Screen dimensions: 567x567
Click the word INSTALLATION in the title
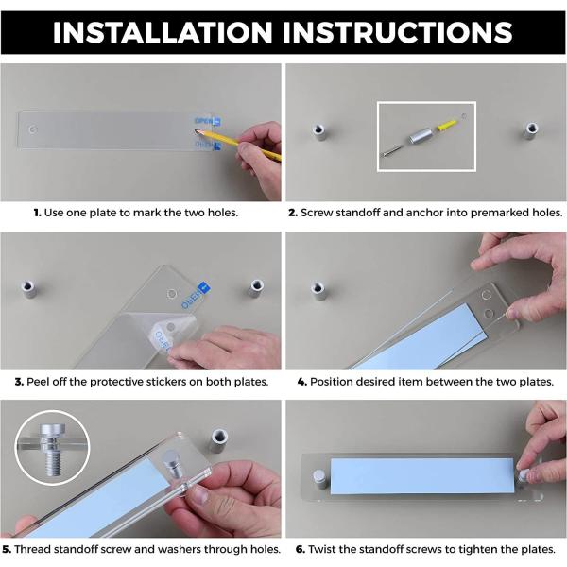(163, 32)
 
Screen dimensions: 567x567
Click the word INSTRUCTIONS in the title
(398, 32)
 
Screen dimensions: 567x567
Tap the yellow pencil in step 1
(239, 146)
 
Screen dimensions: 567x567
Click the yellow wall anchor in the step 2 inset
(448, 125)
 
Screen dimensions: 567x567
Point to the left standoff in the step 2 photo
(319, 132)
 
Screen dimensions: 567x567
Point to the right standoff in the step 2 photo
(531, 130)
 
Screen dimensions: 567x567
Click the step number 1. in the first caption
(37, 213)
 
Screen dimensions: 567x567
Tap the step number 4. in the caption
(302, 382)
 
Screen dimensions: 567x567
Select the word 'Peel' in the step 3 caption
(38, 382)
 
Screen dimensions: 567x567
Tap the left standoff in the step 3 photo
(28, 290)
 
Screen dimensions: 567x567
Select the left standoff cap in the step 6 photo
(319, 480)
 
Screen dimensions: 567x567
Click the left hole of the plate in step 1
(33, 129)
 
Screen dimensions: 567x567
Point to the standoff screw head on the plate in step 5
(173, 465)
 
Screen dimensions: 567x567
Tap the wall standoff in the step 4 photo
(318, 291)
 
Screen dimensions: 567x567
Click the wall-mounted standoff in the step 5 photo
(218, 440)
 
